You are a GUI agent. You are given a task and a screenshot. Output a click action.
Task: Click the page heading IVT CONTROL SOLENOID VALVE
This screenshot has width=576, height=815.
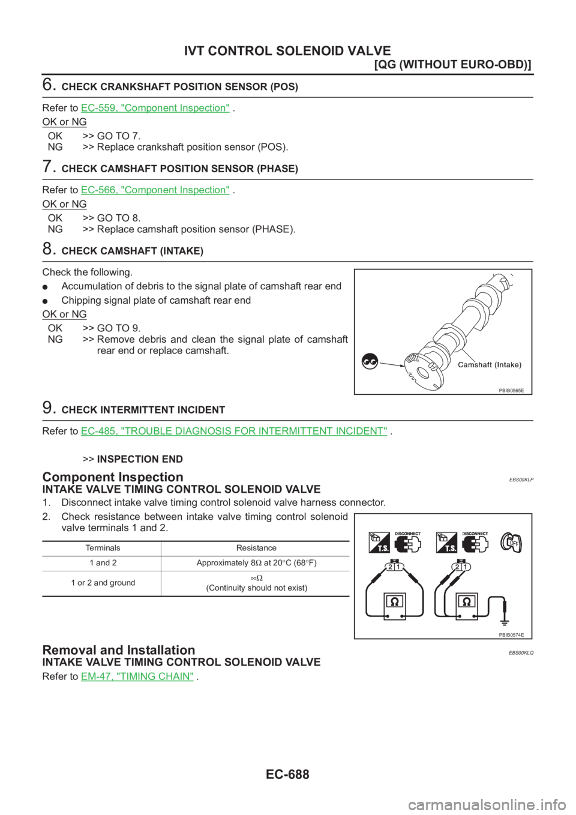coord(287,51)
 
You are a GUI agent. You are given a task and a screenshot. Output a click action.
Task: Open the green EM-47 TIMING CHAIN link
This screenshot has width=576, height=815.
coord(137,676)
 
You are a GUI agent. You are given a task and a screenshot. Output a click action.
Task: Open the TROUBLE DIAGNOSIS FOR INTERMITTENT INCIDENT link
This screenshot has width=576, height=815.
coord(234,431)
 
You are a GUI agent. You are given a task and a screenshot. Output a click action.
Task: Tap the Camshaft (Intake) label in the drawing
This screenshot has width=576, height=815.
coord(489,365)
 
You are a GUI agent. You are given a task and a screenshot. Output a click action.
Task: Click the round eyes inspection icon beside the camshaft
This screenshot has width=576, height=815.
coord(370,362)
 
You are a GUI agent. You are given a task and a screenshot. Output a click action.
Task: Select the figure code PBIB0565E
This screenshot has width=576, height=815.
coord(511,390)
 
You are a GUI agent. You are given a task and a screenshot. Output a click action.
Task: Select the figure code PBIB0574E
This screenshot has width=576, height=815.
coord(511,634)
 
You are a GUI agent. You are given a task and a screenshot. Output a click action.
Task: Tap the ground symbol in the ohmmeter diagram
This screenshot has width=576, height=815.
coord(505,614)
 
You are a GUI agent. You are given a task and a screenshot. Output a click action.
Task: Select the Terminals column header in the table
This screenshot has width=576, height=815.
coord(101,548)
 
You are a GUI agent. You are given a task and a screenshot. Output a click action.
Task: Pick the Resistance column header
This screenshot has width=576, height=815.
coord(256,548)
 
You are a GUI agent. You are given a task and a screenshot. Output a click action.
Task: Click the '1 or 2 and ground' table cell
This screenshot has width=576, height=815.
coord(101,583)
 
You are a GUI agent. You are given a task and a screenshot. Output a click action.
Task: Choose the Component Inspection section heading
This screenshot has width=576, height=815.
coord(112,477)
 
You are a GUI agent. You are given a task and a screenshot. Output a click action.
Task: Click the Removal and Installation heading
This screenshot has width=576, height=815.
coord(118,650)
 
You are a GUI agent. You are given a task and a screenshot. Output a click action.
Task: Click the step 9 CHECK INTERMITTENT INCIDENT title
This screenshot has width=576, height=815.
coord(143,411)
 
